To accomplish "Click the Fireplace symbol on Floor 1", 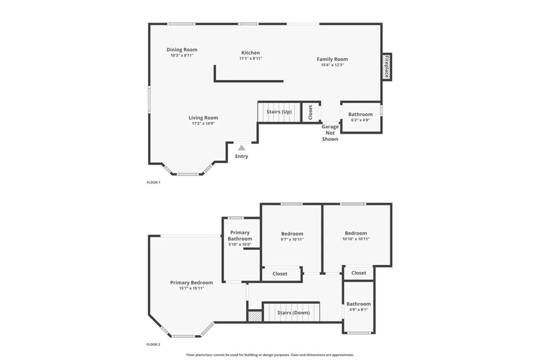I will click(x=387, y=66).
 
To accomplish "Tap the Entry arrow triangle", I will click(x=241, y=148).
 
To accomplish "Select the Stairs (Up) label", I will click(x=279, y=112).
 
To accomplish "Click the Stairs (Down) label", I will click(x=293, y=313).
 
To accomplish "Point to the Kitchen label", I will click(x=250, y=53).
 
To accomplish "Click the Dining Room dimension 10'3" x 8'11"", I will click(x=182, y=55).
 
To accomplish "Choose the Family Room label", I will click(x=332, y=59).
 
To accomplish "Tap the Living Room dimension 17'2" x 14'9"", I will click(x=203, y=123).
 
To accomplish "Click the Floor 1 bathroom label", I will click(x=361, y=114).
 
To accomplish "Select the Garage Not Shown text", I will click(x=330, y=133).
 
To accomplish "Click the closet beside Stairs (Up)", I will click(x=311, y=112).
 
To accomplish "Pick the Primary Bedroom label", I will click(x=191, y=283).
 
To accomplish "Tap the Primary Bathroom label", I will click(x=240, y=236).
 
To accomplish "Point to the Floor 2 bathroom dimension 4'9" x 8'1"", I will click(x=359, y=310).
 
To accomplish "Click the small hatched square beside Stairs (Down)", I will click(x=255, y=315).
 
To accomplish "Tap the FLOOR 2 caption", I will click(x=153, y=344).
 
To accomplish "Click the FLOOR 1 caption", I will click(x=153, y=182).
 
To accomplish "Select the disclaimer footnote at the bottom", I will click(x=270, y=355).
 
